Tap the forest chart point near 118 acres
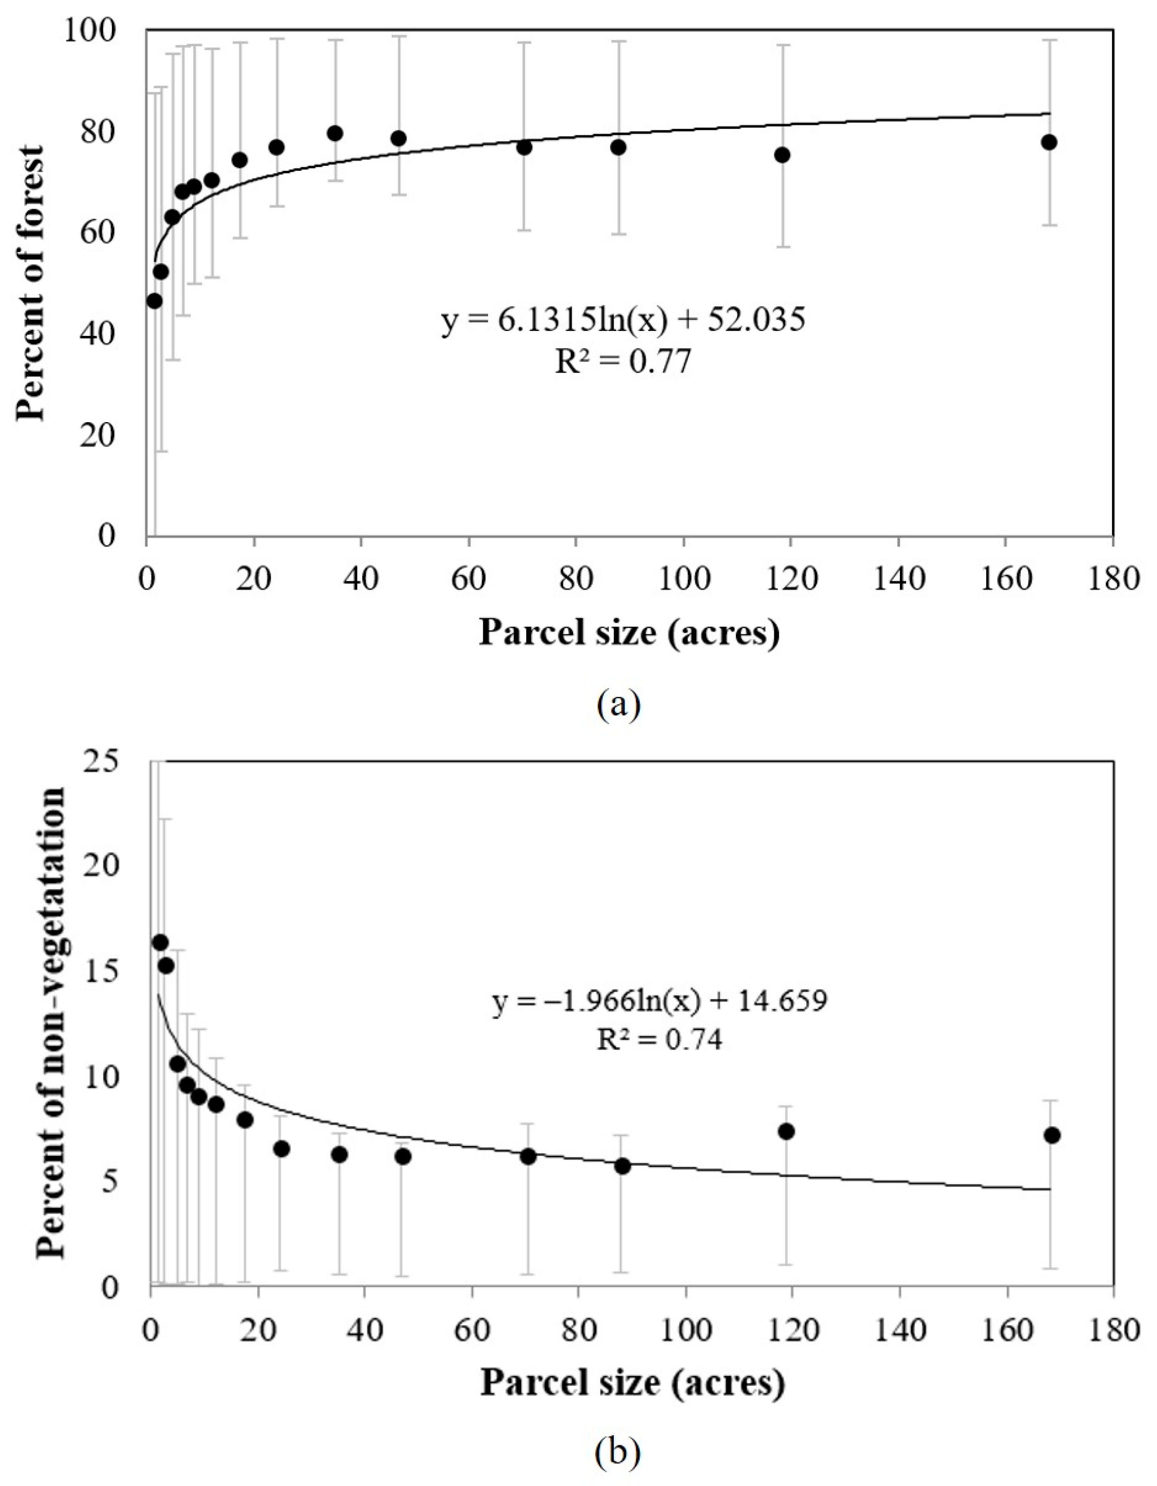click(782, 154)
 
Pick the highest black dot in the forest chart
click(334, 133)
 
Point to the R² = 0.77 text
click(623, 361)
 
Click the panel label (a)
click(618, 705)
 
